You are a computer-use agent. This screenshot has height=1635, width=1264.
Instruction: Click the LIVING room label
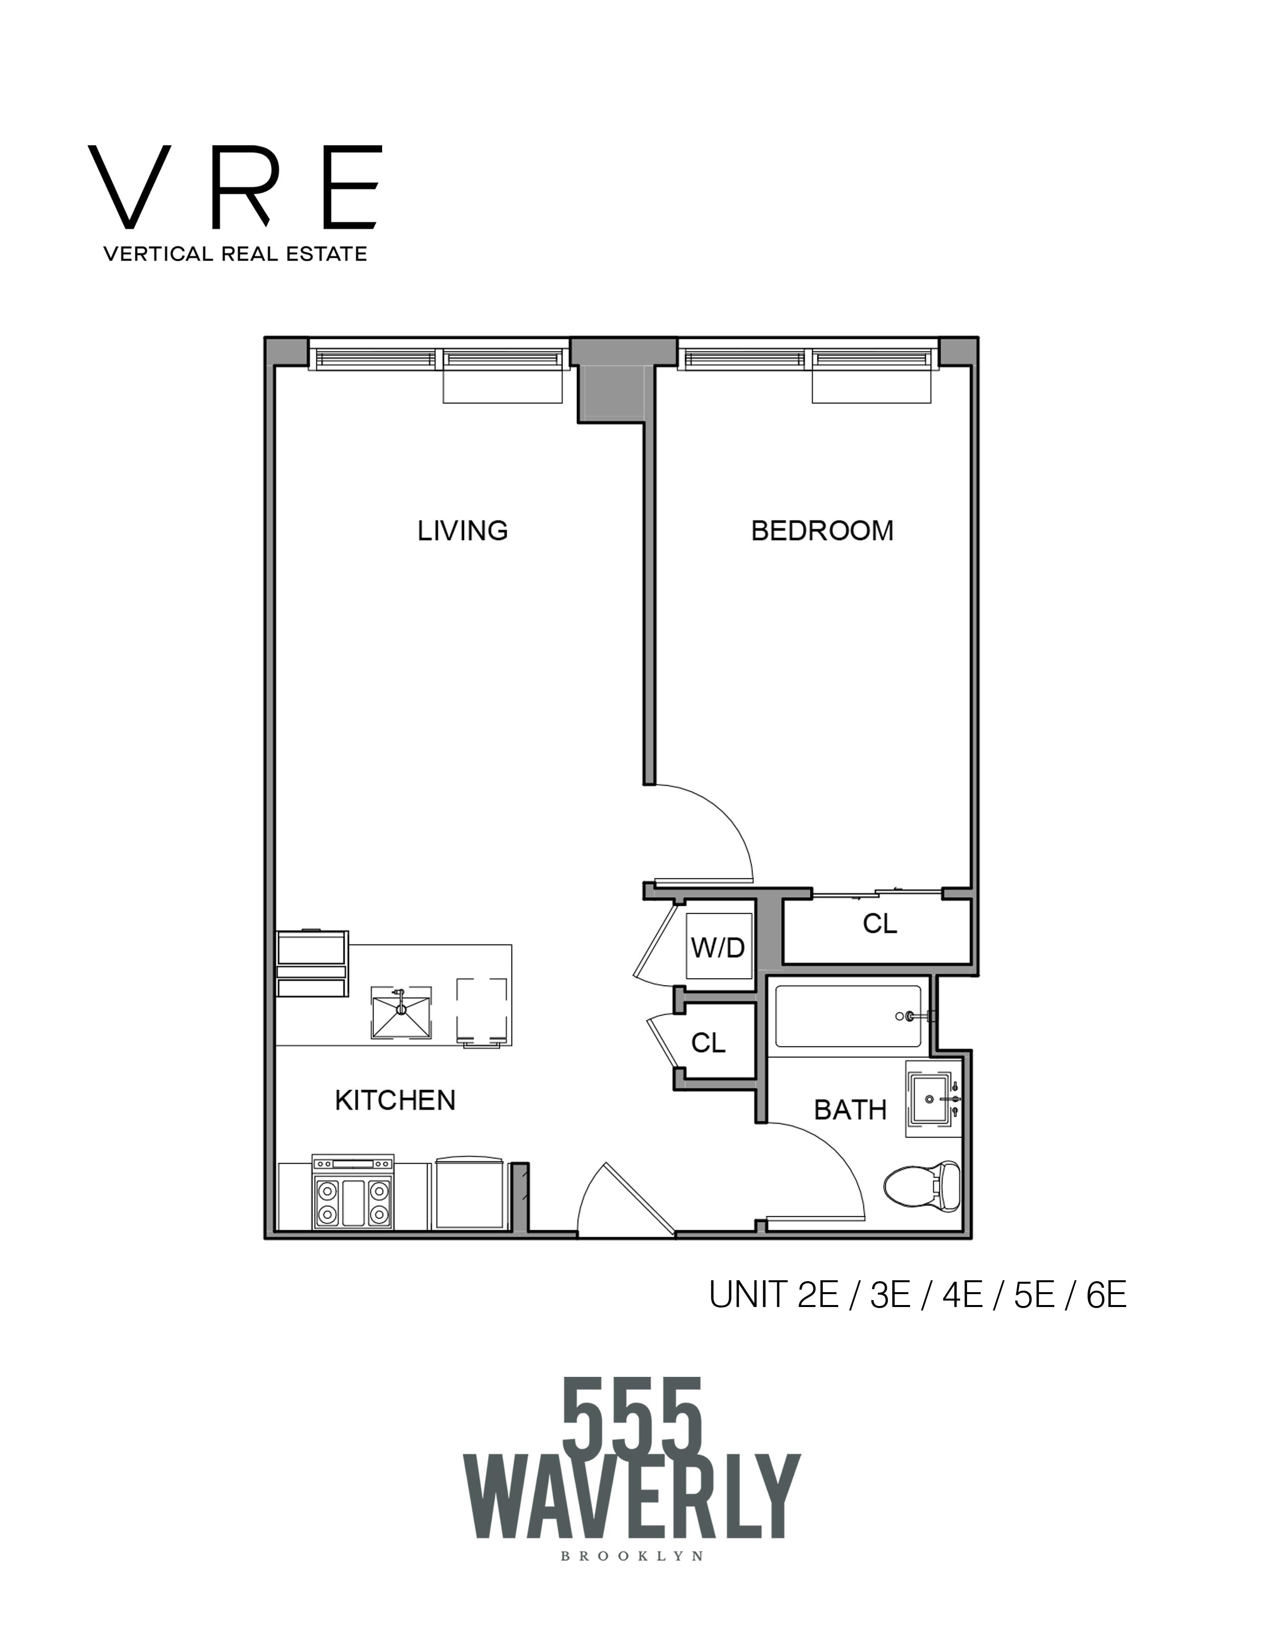[x=462, y=531]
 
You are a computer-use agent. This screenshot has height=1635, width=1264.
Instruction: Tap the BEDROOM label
[x=821, y=531]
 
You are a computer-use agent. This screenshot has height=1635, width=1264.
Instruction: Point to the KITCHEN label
[x=395, y=1100]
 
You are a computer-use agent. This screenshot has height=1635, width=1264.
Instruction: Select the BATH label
[x=850, y=1109]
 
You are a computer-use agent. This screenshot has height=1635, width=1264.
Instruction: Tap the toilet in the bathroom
[x=921, y=1184]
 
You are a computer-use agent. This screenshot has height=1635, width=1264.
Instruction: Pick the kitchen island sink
[x=402, y=1012]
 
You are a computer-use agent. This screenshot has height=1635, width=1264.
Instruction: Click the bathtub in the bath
[x=847, y=1016]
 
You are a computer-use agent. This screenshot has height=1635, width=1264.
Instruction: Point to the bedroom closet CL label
[x=879, y=925]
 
